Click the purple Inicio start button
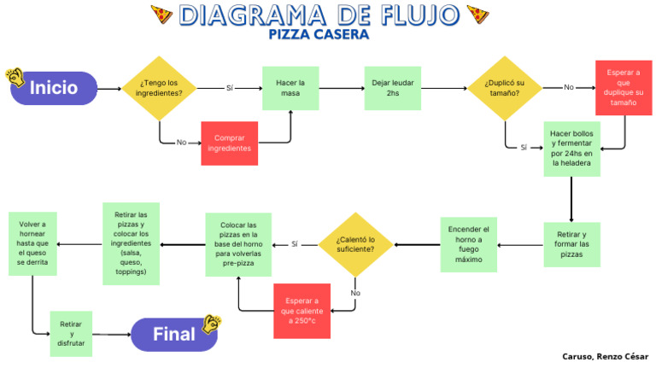(x=54, y=88)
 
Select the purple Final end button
(x=174, y=334)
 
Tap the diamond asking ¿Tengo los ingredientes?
(x=160, y=88)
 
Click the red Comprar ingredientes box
(x=229, y=143)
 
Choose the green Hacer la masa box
(x=290, y=88)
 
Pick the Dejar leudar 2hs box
(x=392, y=88)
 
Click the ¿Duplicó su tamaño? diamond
(x=507, y=88)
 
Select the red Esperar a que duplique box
(x=623, y=88)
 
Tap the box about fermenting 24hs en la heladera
(x=571, y=149)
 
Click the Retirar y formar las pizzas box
(x=571, y=244)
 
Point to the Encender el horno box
(x=468, y=244)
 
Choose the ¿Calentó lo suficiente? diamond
(x=355, y=244)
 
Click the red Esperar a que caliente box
(x=302, y=311)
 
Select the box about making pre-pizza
(x=238, y=244)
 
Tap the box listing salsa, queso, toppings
(x=131, y=244)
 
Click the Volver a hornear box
(x=32, y=244)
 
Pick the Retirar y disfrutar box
(x=71, y=333)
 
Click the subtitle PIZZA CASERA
(x=319, y=35)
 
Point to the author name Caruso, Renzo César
(x=605, y=356)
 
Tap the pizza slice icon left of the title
(x=161, y=15)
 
